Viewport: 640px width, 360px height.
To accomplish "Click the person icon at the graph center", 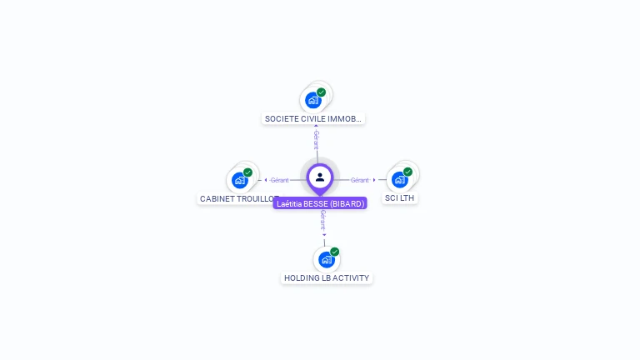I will pos(320,177).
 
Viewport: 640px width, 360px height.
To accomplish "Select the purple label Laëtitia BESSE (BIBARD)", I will pos(320,203).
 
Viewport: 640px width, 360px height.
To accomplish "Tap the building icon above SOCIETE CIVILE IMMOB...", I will pos(313,100).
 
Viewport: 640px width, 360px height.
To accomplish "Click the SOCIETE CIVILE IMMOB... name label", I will pos(313,119).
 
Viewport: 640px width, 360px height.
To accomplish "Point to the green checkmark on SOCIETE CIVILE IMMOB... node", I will pos(322,92).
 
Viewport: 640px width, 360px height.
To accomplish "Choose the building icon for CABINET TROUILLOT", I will pos(240,180).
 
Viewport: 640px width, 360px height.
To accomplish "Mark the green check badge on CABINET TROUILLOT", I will pos(247,172).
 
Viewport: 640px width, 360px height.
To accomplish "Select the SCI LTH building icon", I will pos(400,179).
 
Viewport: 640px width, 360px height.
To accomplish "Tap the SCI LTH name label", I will pos(400,198).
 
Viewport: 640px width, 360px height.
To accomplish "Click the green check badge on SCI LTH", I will pos(407,172).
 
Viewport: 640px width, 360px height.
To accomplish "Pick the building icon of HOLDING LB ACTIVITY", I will pos(327,259).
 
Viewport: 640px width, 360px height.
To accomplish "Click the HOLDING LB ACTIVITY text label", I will pos(327,278).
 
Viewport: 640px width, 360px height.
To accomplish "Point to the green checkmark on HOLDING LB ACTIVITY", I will pos(334,252).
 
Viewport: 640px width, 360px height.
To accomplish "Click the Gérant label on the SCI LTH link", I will pos(360,180).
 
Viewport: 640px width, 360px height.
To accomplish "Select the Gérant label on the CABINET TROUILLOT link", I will pos(279,180).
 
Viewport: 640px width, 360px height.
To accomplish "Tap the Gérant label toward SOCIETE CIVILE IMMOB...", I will pos(316,138).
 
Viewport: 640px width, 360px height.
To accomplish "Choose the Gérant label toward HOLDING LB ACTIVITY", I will pos(322,219).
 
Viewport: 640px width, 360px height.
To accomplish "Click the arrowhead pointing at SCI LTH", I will pos(374,180).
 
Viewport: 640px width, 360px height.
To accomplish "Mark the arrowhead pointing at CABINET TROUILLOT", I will pos(265,180).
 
